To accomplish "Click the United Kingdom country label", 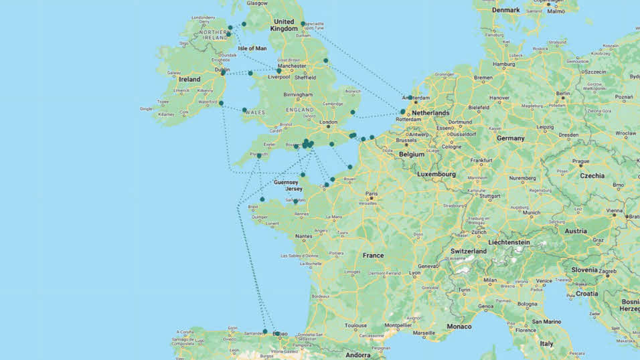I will coord(285,25).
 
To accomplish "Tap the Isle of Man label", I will coord(252,48).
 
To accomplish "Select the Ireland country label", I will coord(189,79).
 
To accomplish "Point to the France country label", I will coord(373,256).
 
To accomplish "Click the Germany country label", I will coord(510,138).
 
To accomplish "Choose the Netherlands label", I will coord(430,113).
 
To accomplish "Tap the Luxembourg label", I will coord(436,174).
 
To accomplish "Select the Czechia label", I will coord(592,175).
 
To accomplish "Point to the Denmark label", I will coord(505,10).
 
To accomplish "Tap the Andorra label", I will coord(357,355).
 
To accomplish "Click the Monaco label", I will coord(459,327).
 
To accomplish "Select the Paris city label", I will coord(371,194).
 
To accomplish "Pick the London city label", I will coord(329,122).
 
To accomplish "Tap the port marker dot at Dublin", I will coord(223,72).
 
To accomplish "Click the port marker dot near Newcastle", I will coord(303,24).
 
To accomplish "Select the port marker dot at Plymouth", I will coord(259,155).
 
